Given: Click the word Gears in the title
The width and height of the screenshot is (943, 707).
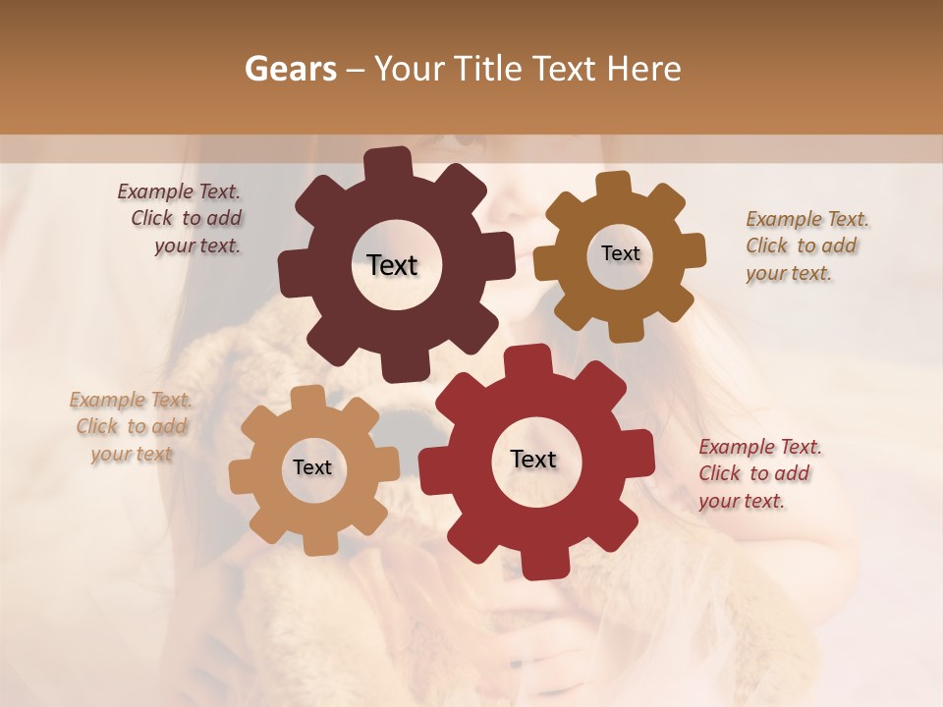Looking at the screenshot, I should pyautogui.click(x=290, y=69).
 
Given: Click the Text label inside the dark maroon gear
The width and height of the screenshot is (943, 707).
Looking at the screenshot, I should pyautogui.click(x=392, y=265).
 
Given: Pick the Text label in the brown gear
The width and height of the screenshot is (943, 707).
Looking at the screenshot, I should pyautogui.click(x=620, y=253).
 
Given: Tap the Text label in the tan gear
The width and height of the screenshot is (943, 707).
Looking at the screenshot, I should pyautogui.click(x=312, y=467).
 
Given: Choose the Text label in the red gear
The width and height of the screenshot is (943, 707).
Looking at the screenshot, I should pyautogui.click(x=533, y=459).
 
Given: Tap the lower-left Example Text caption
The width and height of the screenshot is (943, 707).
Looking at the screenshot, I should pyautogui.click(x=131, y=427).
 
